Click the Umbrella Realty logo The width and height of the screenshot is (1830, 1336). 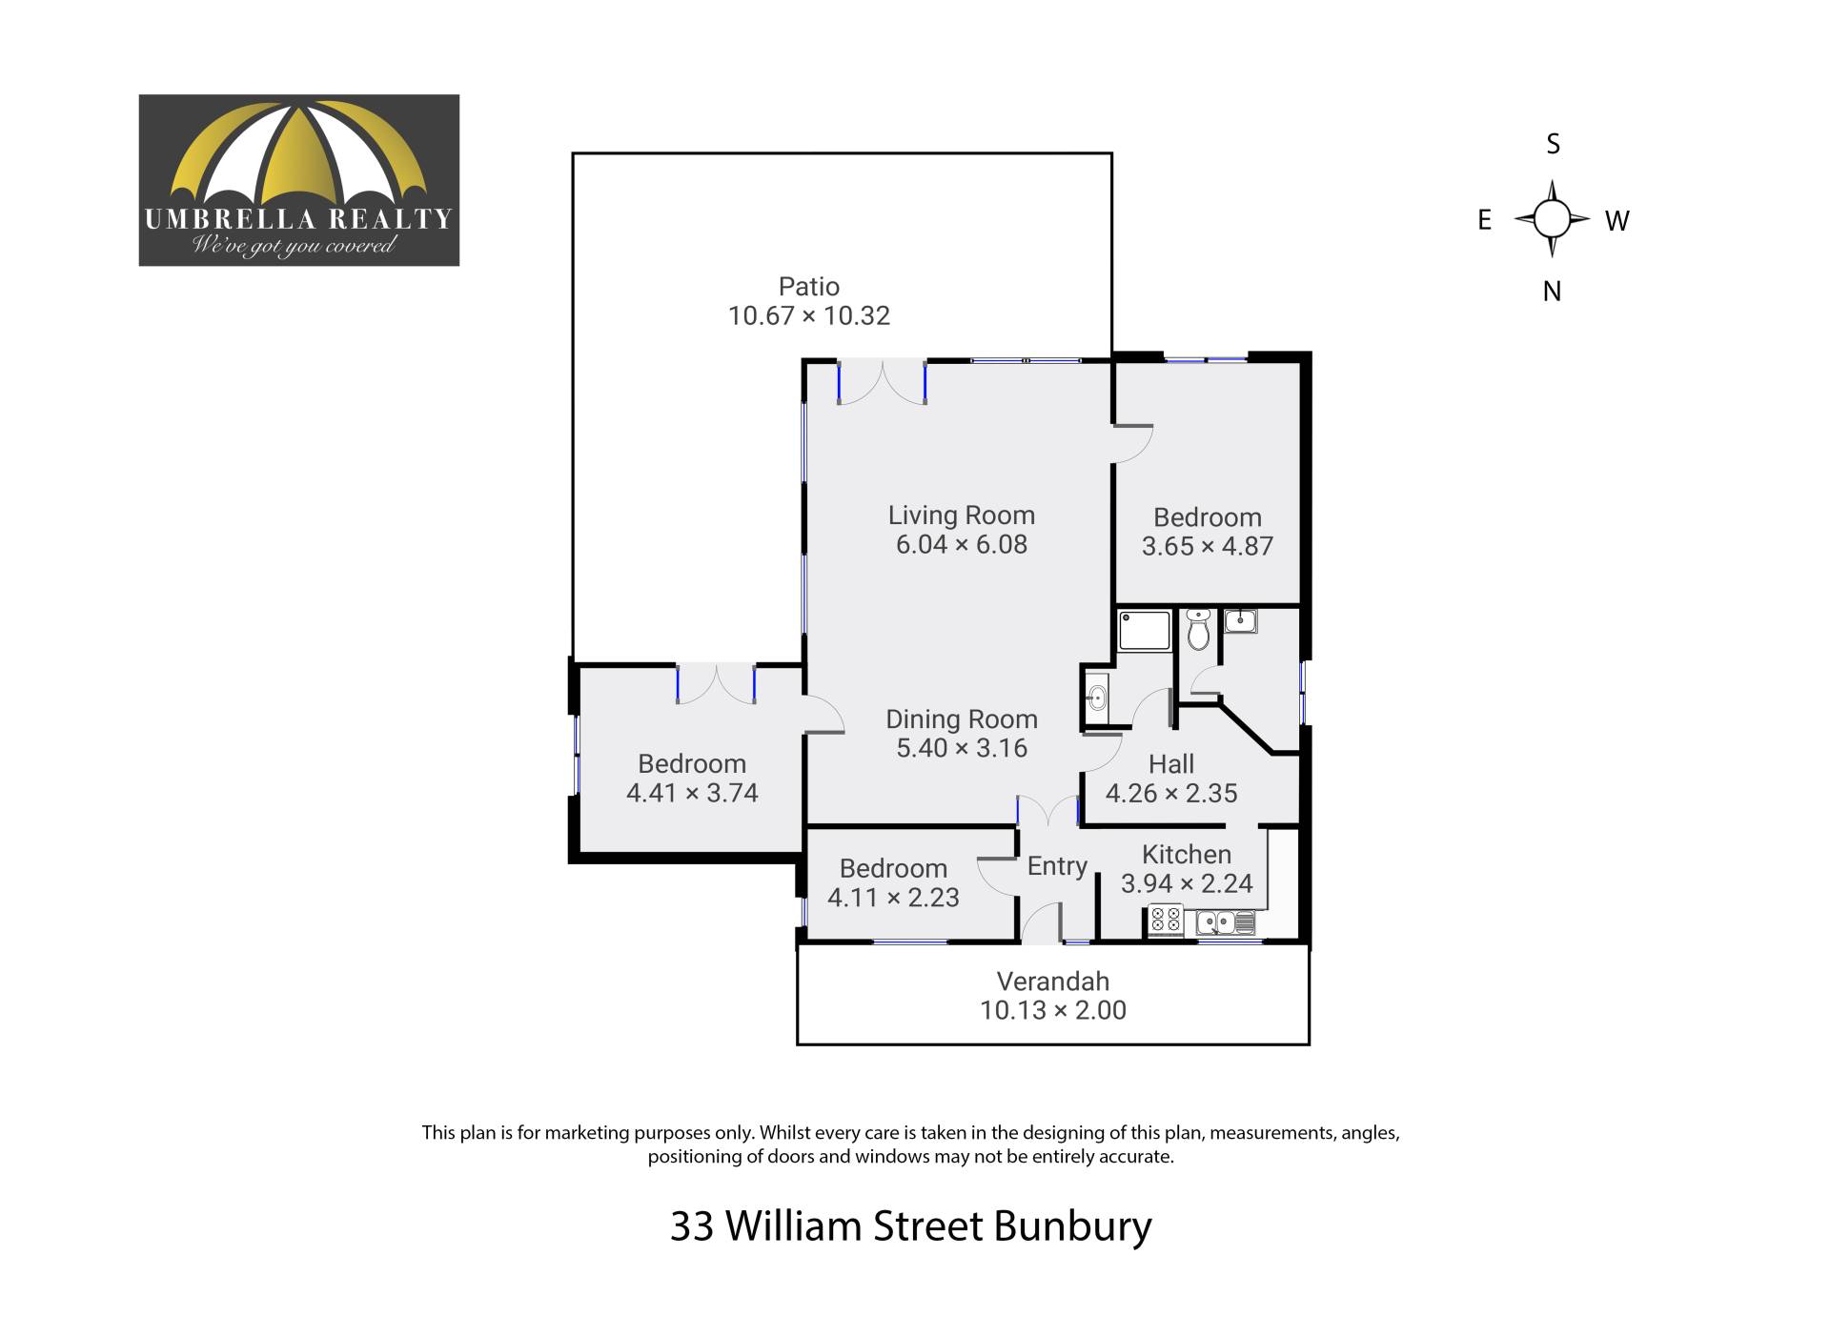(299, 180)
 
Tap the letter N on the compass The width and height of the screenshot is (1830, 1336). (1552, 292)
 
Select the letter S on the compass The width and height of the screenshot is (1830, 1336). (1553, 144)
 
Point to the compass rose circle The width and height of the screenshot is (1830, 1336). (1552, 219)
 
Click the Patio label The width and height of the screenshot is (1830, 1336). (809, 286)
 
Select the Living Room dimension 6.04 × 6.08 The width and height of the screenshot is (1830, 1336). (962, 544)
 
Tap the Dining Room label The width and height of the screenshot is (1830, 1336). (962, 719)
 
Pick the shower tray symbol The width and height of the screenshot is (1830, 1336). (1145, 631)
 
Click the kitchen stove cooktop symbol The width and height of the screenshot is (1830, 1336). (1166, 920)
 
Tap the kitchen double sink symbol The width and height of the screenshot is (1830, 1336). (1226, 922)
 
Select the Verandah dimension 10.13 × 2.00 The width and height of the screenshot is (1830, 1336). (1053, 1010)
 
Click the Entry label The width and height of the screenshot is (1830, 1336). (1057, 866)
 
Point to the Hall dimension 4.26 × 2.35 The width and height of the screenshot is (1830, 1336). (1171, 793)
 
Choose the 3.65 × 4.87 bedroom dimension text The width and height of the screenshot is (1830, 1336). (1208, 546)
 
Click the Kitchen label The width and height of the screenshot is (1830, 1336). (1187, 855)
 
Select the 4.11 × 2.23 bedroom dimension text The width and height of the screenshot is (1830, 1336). (893, 898)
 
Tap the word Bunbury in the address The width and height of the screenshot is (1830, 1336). (1072, 1226)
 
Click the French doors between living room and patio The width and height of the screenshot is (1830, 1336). (882, 382)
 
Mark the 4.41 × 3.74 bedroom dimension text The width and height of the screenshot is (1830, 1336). (692, 793)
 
